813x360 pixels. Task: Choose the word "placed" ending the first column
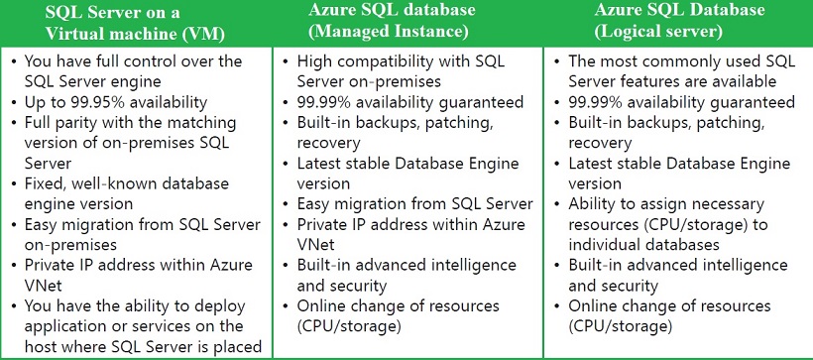click(237, 346)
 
